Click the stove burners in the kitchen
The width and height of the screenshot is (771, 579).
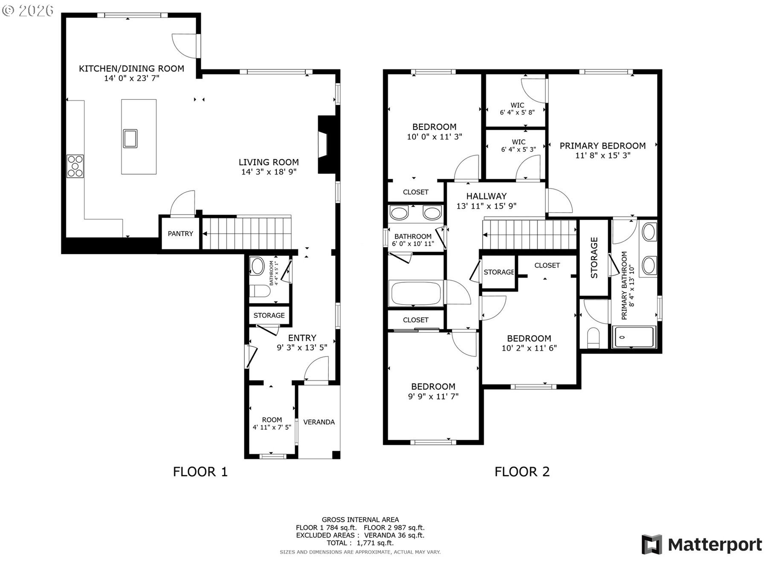(75, 166)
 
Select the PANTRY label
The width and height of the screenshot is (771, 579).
(180, 234)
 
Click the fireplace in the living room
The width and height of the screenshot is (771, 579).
(326, 145)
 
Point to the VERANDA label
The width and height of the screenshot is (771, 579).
(319, 422)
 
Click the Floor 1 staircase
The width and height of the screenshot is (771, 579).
(246, 233)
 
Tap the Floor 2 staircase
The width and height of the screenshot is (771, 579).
(530, 234)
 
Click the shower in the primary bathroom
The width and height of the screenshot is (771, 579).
(634, 337)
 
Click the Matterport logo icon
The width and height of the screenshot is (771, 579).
(652, 544)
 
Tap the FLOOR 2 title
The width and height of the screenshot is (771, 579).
(522, 472)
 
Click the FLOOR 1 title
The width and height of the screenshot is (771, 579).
(200, 472)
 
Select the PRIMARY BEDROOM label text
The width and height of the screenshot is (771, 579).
(603, 146)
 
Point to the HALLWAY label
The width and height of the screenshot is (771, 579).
(487, 196)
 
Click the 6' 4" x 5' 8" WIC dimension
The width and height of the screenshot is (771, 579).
(517, 113)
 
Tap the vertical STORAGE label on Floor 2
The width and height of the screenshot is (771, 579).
(594, 258)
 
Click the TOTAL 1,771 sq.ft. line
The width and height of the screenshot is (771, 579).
(360, 543)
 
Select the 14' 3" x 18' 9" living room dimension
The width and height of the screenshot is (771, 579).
(269, 172)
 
